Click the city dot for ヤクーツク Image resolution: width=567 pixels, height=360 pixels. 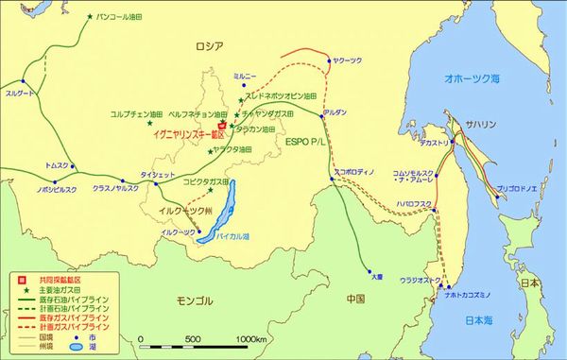point(328,60)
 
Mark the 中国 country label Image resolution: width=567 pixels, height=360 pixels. point(355,300)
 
